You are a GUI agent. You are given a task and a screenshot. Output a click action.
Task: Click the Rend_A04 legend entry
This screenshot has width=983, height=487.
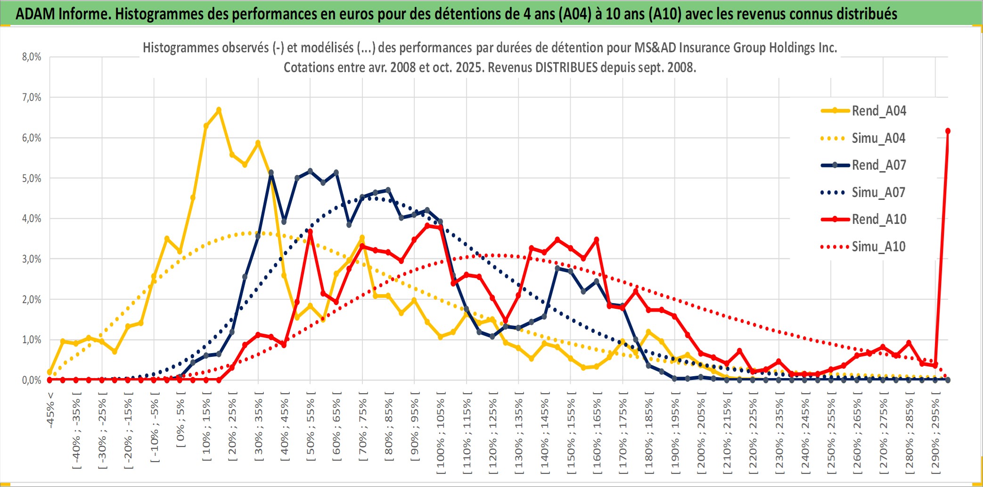878,111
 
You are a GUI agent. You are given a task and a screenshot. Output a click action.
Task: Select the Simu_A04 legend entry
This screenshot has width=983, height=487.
878,138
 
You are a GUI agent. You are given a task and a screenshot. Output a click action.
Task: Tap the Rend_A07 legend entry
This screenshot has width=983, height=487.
878,165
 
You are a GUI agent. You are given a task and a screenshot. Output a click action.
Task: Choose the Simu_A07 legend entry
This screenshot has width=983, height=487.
878,192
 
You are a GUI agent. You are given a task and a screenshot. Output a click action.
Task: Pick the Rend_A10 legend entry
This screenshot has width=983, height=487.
878,219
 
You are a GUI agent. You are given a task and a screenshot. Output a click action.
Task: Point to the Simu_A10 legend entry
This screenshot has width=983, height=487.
878,247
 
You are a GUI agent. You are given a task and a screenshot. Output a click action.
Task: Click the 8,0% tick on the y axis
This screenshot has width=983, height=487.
32,57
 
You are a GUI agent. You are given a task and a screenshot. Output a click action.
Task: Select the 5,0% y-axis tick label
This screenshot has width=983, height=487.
32,178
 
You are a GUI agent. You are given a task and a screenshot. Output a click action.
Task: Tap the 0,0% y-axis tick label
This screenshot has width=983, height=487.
32,380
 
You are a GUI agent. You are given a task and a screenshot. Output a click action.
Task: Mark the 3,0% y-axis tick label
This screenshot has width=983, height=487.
32,259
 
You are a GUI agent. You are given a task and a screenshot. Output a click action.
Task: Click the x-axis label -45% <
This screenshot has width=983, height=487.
50,410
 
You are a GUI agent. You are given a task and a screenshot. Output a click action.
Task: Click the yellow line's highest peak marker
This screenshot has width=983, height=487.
219,110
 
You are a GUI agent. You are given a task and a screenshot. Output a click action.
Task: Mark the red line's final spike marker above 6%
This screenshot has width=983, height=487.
948,131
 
